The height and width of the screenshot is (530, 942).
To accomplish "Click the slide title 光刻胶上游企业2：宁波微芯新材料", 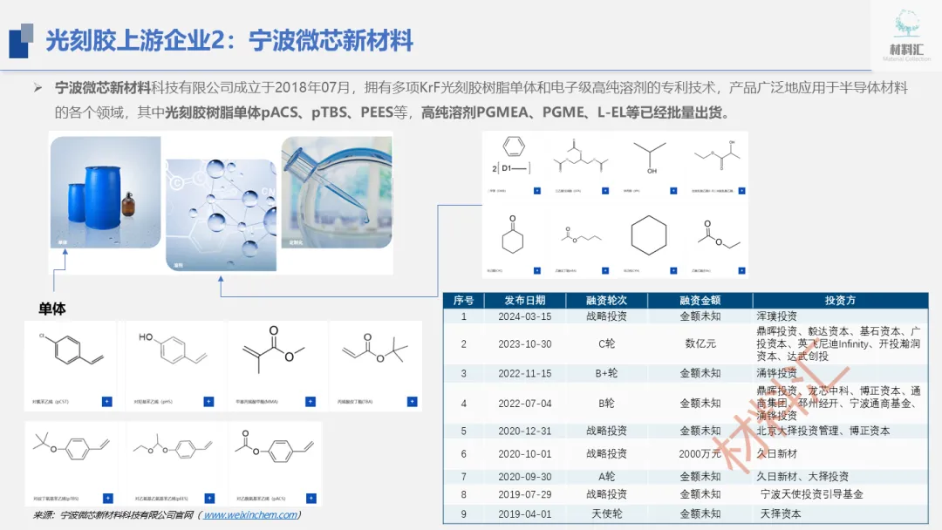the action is click(229, 40).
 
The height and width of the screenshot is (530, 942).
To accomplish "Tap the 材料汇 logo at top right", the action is click(906, 34).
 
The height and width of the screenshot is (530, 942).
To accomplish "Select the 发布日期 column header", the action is click(525, 300).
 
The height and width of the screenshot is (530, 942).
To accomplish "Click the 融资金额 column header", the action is click(700, 300).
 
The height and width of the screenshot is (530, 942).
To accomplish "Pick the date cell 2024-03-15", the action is click(525, 316).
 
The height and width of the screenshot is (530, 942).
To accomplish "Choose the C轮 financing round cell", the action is click(606, 343).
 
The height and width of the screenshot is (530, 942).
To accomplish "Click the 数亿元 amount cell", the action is click(700, 343).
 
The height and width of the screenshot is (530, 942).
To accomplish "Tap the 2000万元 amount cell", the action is click(700, 453).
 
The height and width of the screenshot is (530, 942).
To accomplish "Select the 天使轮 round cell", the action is click(606, 514).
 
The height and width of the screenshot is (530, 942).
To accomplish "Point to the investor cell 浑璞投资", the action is click(776, 316).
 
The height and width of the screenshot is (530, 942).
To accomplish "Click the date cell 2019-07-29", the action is click(525, 494).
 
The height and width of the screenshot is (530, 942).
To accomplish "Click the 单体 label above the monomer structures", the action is click(52, 309).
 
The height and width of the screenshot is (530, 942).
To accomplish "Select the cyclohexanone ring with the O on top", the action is click(512, 236).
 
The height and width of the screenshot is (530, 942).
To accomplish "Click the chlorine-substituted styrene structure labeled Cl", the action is click(66, 353).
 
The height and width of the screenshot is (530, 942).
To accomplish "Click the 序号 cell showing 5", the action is click(464, 431).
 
